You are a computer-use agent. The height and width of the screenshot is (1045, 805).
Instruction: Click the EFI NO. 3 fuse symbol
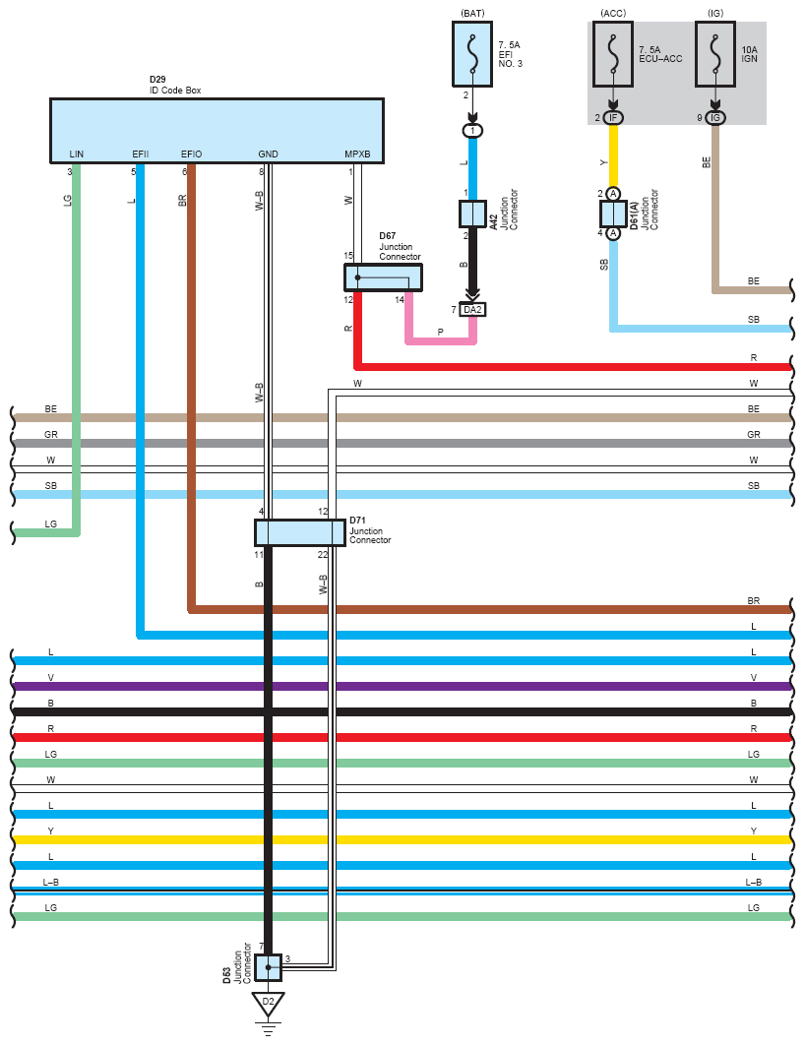(472, 54)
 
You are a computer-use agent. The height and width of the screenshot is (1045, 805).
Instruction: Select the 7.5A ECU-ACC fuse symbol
(613, 54)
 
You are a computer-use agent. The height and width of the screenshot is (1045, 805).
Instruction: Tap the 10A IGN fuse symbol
(715, 54)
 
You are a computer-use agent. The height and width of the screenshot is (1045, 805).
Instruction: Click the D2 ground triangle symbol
(268, 1004)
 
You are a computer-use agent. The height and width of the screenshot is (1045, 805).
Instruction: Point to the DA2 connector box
(472, 310)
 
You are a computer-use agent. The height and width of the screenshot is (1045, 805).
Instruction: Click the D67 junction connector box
(383, 277)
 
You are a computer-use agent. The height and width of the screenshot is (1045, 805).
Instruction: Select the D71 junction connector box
(300, 533)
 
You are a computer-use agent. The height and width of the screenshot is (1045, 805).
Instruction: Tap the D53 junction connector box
(268, 967)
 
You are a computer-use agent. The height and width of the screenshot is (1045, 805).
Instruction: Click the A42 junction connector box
(472, 214)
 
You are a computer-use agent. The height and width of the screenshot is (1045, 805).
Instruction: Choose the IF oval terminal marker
(613, 118)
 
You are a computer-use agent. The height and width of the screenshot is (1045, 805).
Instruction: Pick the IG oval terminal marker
(715, 118)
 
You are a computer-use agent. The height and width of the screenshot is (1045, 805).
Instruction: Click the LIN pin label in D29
(77, 154)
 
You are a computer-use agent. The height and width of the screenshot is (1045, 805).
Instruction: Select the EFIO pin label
(191, 154)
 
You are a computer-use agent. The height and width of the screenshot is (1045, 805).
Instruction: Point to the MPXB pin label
(357, 154)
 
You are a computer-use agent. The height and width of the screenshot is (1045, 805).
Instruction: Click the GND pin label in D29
(268, 154)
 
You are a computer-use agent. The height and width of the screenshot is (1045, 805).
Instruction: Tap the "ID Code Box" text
(174, 90)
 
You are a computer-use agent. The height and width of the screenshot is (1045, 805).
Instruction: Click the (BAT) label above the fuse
(472, 14)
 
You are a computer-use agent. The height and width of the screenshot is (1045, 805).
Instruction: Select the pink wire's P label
(441, 332)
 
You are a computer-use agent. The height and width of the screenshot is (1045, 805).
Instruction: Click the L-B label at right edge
(753, 882)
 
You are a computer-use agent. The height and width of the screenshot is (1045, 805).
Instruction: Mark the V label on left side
(50, 677)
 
